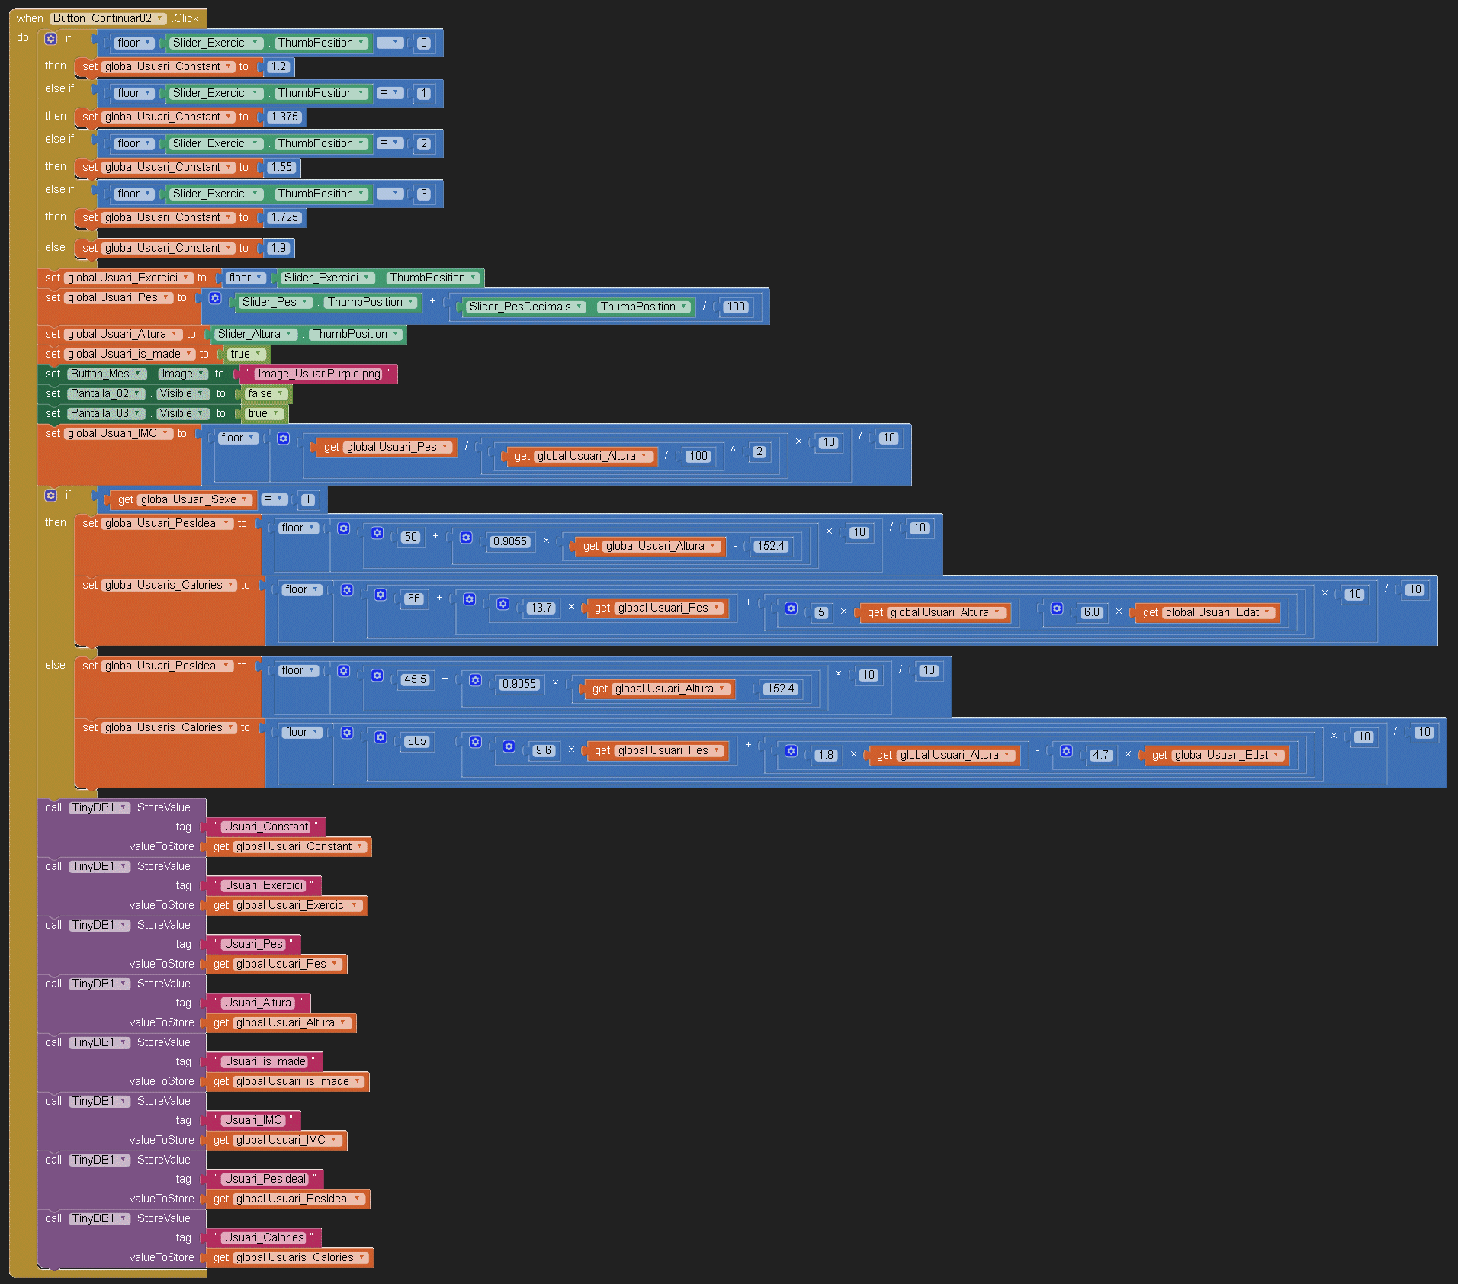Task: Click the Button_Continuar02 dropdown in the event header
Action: (x=108, y=18)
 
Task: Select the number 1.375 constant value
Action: (x=284, y=117)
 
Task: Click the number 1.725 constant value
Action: (x=284, y=217)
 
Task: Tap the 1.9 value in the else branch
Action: (x=278, y=248)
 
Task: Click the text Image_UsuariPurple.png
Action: (x=319, y=374)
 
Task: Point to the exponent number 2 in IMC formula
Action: (x=759, y=451)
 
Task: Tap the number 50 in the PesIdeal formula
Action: (x=411, y=537)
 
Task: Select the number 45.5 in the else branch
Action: (x=415, y=679)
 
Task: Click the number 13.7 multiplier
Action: (x=541, y=608)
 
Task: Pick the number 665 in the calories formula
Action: (x=417, y=741)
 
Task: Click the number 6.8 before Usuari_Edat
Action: (x=1092, y=612)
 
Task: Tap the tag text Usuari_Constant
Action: (x=266, y=827)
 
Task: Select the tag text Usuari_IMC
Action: (x=253, y=1120)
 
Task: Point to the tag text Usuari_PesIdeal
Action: (x=265, y=1179)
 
